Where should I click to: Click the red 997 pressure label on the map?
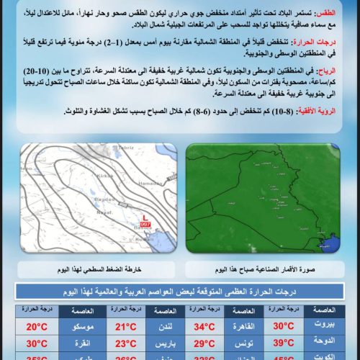pyautogui.click(x=146, y=223)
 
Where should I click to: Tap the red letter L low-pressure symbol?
pyautogui.click(x=146, y=216)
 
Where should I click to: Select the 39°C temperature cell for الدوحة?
pyautogui.click(x=282, y=343)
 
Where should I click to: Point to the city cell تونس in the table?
pyautogui.click(x=243, y=343)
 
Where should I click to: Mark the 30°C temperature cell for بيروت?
pyautogui.click(x=282, y=325)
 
